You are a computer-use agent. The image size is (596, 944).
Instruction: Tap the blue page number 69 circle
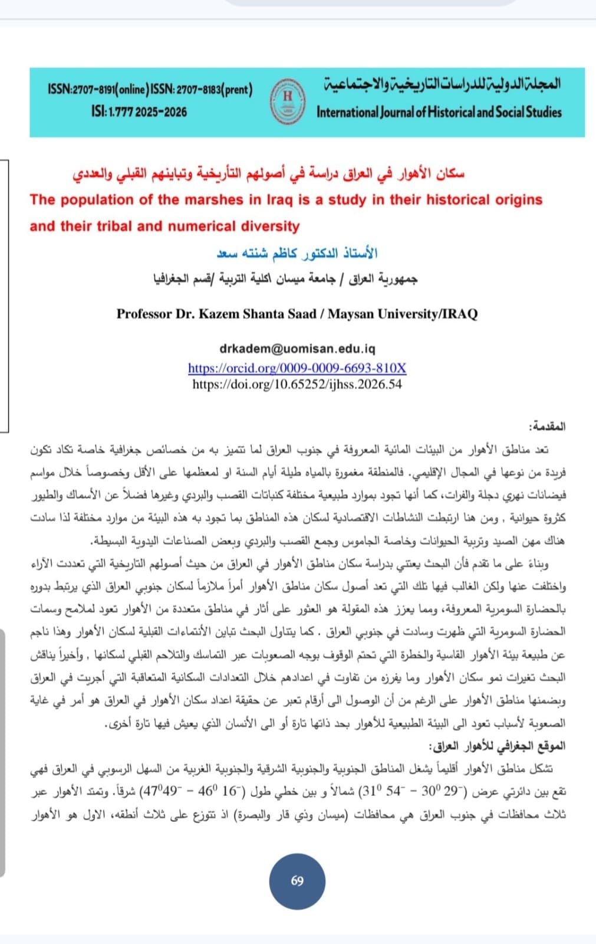pos(297,880)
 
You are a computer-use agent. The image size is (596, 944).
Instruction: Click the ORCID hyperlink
pos(297,368)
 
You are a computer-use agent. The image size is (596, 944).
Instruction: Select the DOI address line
pos(297,384)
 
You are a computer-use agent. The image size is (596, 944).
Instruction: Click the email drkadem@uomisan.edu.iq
pos(297,349)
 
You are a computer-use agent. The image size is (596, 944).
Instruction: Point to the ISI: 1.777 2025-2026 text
pos(139,111)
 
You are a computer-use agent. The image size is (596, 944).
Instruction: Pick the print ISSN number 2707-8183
pos(200,90)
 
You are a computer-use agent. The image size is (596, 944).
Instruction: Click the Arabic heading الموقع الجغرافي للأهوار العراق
pos(499,746)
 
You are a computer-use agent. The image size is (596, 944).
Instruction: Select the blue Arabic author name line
pos(297,254)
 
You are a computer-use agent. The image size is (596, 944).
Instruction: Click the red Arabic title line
pos(268,173)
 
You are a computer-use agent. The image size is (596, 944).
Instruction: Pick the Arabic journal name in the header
pos(442,84)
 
